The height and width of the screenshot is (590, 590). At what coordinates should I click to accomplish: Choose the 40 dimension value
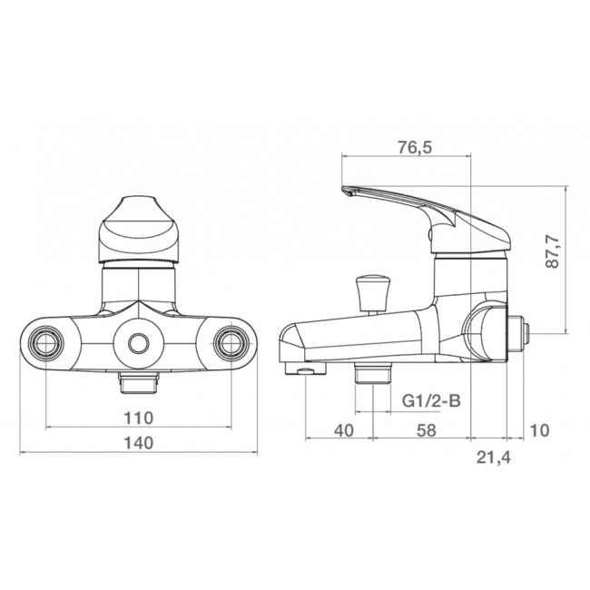pos(343,431)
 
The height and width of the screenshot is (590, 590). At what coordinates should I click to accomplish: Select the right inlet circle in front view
pos(230,342)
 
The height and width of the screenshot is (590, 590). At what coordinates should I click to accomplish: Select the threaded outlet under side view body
pos(371,373)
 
